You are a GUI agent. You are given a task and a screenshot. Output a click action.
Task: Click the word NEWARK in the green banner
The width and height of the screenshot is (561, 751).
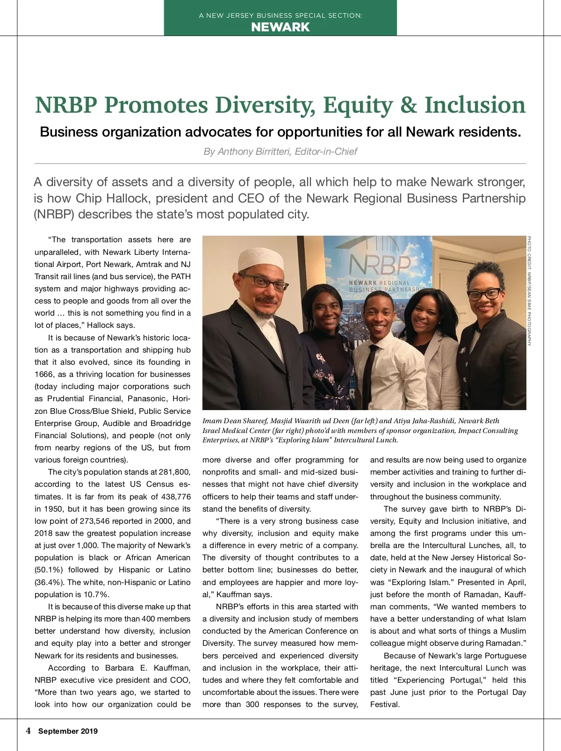280,27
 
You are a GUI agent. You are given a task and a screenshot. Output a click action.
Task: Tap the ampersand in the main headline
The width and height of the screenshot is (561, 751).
408,105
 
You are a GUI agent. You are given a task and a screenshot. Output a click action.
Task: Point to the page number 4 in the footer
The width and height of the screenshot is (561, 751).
29,731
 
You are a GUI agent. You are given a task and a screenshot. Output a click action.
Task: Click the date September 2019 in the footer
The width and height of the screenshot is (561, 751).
68,731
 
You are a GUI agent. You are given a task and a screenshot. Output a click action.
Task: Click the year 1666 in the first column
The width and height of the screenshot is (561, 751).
44,375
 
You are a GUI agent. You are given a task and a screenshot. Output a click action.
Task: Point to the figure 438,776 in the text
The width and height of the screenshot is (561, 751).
174,497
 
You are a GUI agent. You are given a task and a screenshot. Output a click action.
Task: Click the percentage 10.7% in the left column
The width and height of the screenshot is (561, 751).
96,594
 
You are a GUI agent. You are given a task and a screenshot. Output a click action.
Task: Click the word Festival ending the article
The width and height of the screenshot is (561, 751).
384,705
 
